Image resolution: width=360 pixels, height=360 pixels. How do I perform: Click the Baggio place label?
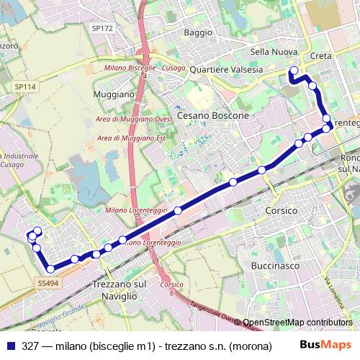198,32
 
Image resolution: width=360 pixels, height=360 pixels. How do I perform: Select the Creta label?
320,56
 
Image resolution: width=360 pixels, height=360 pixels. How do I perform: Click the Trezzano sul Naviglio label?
115,290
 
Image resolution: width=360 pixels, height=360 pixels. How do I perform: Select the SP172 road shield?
102,28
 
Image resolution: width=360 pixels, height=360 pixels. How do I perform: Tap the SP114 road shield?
24,86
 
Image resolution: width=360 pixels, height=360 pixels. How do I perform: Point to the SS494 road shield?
48,284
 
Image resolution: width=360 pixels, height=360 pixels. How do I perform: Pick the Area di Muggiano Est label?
126,137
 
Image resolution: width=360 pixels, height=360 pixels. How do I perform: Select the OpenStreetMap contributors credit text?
297,323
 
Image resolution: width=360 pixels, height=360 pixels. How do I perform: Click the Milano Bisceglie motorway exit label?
130,67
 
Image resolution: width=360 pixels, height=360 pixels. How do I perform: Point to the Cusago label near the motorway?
174,67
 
